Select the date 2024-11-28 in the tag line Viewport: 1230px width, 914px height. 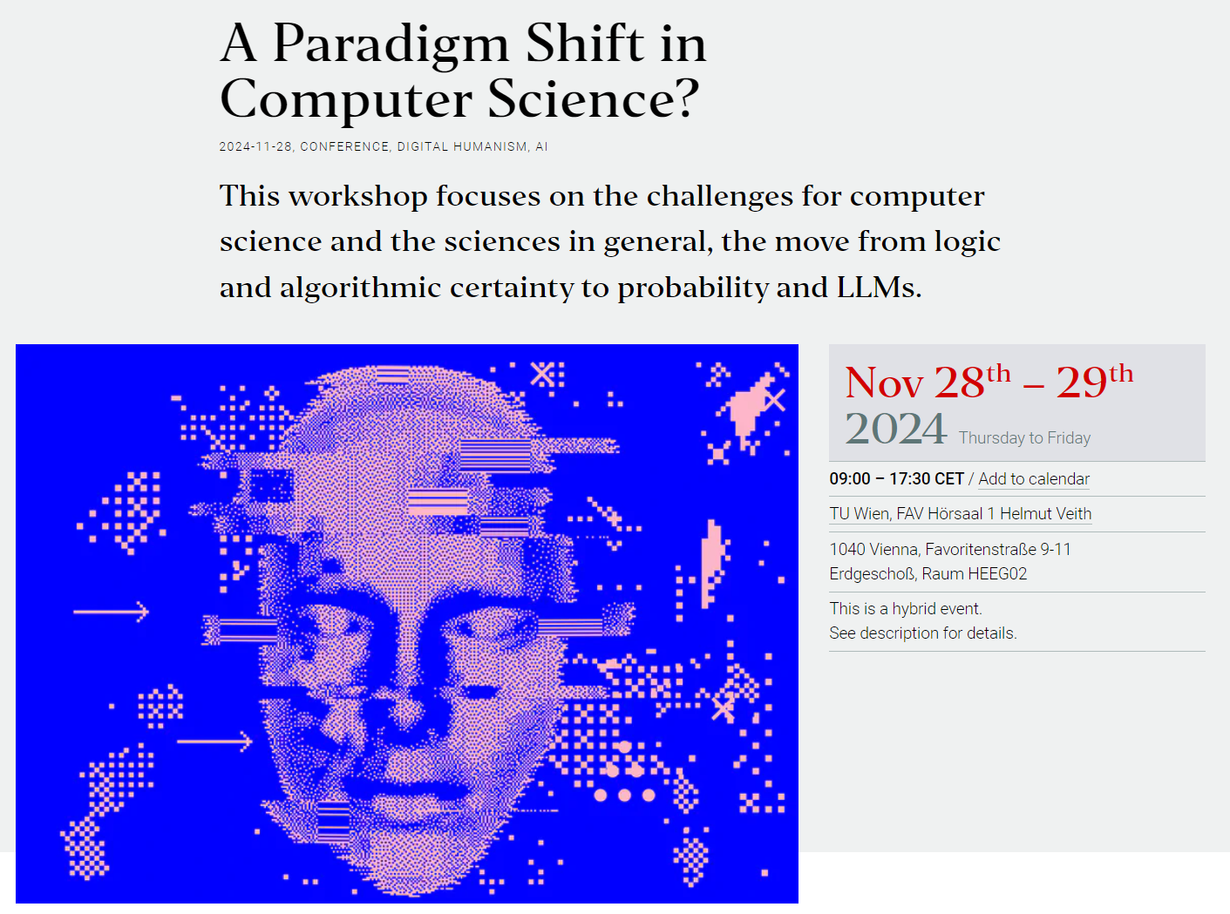click(255, 147)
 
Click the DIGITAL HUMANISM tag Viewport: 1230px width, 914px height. click(462, 147)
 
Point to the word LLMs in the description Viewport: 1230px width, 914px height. click(879, 288)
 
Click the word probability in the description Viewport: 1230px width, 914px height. click(693, 288)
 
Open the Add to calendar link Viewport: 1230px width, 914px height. click(1034, 479)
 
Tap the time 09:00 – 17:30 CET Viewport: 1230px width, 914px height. click(896, 479)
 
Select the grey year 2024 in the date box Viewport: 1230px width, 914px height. click(895, 429)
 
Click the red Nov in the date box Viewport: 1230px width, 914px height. click(883, 383)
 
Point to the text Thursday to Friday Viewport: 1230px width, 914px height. click(1024, 438)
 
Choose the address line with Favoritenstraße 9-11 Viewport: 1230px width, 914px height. click(950, 549)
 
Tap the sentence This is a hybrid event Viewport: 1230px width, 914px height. click(906, 608)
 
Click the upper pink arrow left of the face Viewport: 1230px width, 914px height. click(111, 612)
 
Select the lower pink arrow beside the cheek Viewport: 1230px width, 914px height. click(214, 741)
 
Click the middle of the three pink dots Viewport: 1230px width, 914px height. click(624, 796)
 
